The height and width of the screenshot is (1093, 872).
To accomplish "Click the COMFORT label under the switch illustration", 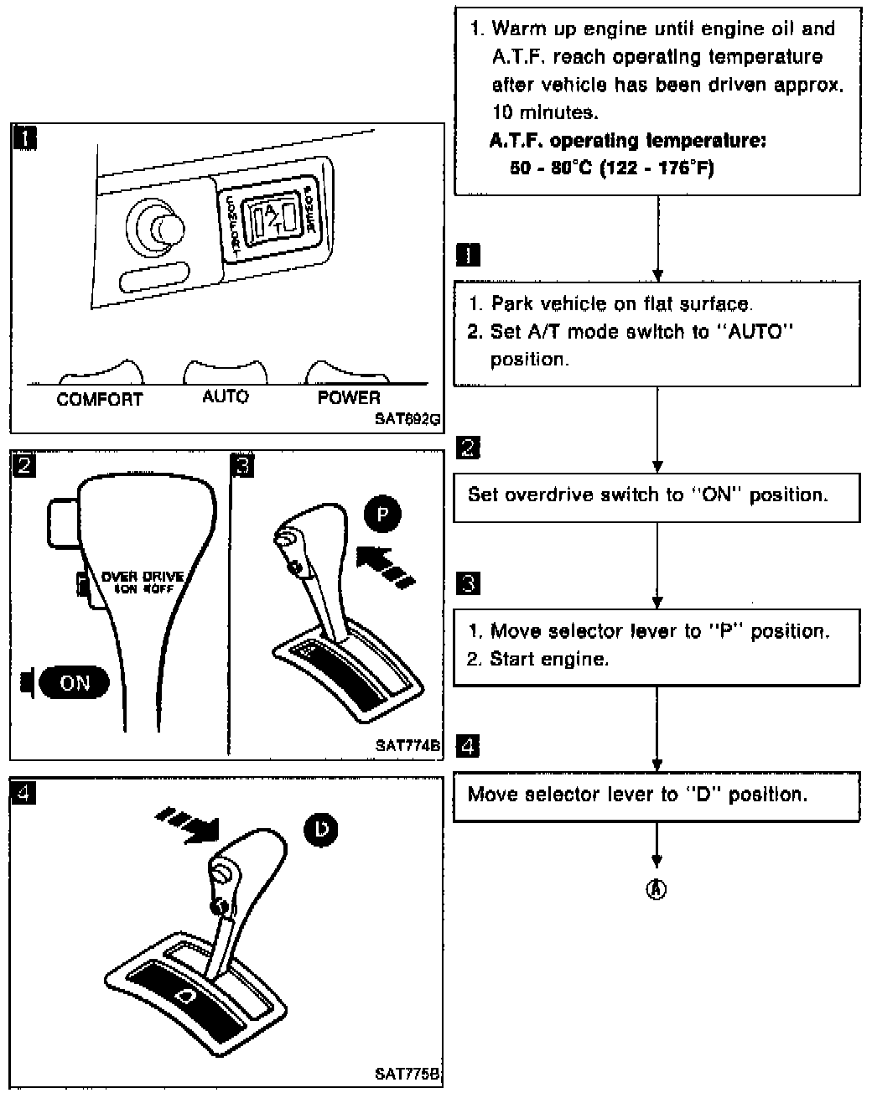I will coord(99,399).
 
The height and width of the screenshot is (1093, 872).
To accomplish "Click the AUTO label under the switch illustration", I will coord(226,396).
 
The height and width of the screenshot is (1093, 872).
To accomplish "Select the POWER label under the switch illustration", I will coord(349,398).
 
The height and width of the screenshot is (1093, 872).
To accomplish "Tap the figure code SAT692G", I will coord(407,419).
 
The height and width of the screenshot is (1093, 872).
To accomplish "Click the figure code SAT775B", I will coord(407,1074).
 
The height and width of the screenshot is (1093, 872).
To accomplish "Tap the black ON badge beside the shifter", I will coord(75,682).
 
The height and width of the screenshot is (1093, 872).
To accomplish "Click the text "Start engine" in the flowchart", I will coord(548,659).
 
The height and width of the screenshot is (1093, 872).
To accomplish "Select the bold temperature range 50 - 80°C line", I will coord(612,168).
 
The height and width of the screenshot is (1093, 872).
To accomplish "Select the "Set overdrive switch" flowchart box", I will coord(657,495).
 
